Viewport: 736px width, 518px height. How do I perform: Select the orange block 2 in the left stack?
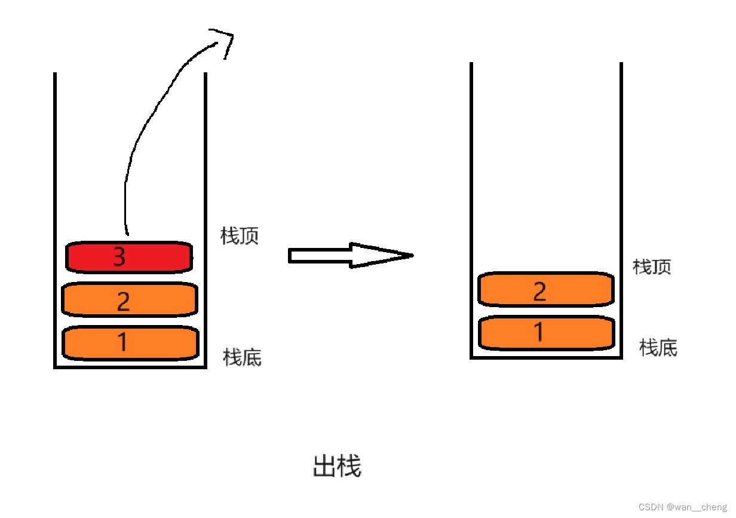(x=130, y=300)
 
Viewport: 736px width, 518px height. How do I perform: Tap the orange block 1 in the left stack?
(x=130, y=342)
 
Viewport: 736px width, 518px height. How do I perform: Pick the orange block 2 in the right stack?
(x=546, y=290)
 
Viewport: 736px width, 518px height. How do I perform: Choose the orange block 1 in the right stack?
(x=546, y=332)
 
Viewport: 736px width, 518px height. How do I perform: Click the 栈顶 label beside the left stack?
(x=240, y=236)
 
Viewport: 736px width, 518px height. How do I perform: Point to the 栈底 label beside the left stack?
(x=242, y=357)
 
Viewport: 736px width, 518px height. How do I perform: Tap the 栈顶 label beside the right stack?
(x=652, y=266)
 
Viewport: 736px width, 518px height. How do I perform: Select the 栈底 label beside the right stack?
(x=658, y=347)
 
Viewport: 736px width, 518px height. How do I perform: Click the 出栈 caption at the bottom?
(x=337, y=466)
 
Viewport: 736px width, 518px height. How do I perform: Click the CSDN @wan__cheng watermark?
(x=682, y=507)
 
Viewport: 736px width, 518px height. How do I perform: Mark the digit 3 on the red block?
(x=119, y=257)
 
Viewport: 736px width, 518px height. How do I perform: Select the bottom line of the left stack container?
(x=130, y=367)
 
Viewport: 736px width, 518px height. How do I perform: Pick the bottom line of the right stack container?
(x=546, y=357)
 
